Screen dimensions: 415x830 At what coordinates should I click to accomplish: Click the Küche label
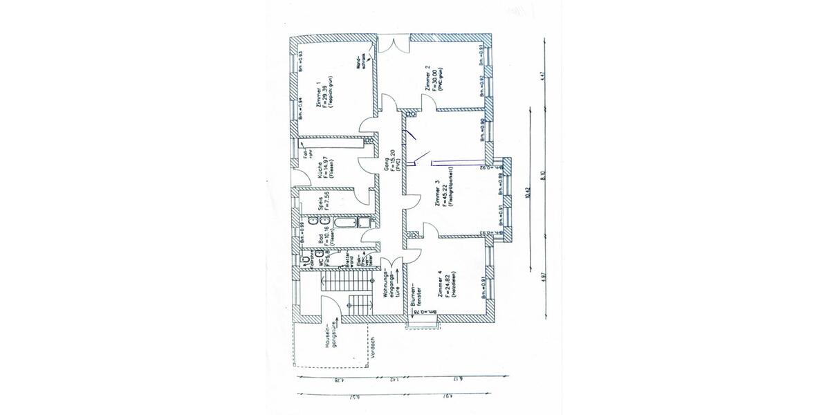(x=320, y=171)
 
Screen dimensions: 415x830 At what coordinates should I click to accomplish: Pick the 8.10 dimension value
(x=544, y=175)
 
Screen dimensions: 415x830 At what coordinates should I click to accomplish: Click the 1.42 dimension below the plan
(x=391, y=379)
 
